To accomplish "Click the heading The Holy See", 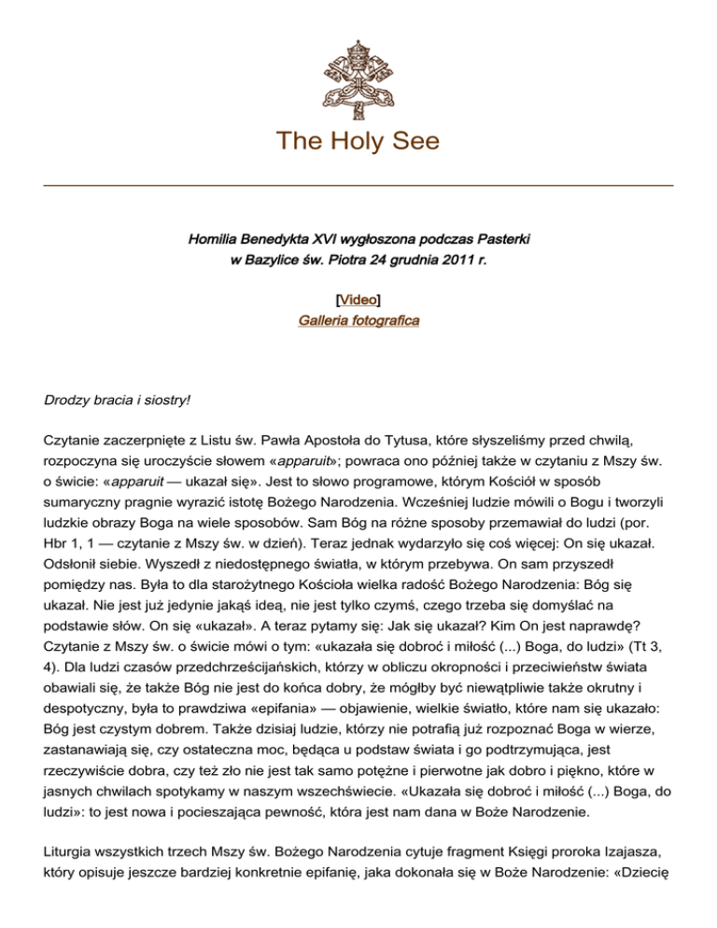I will pos(358,142).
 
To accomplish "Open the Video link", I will pos(358,300).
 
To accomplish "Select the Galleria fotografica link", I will pos(358,320).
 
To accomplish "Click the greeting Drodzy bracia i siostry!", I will pos(118,400).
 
